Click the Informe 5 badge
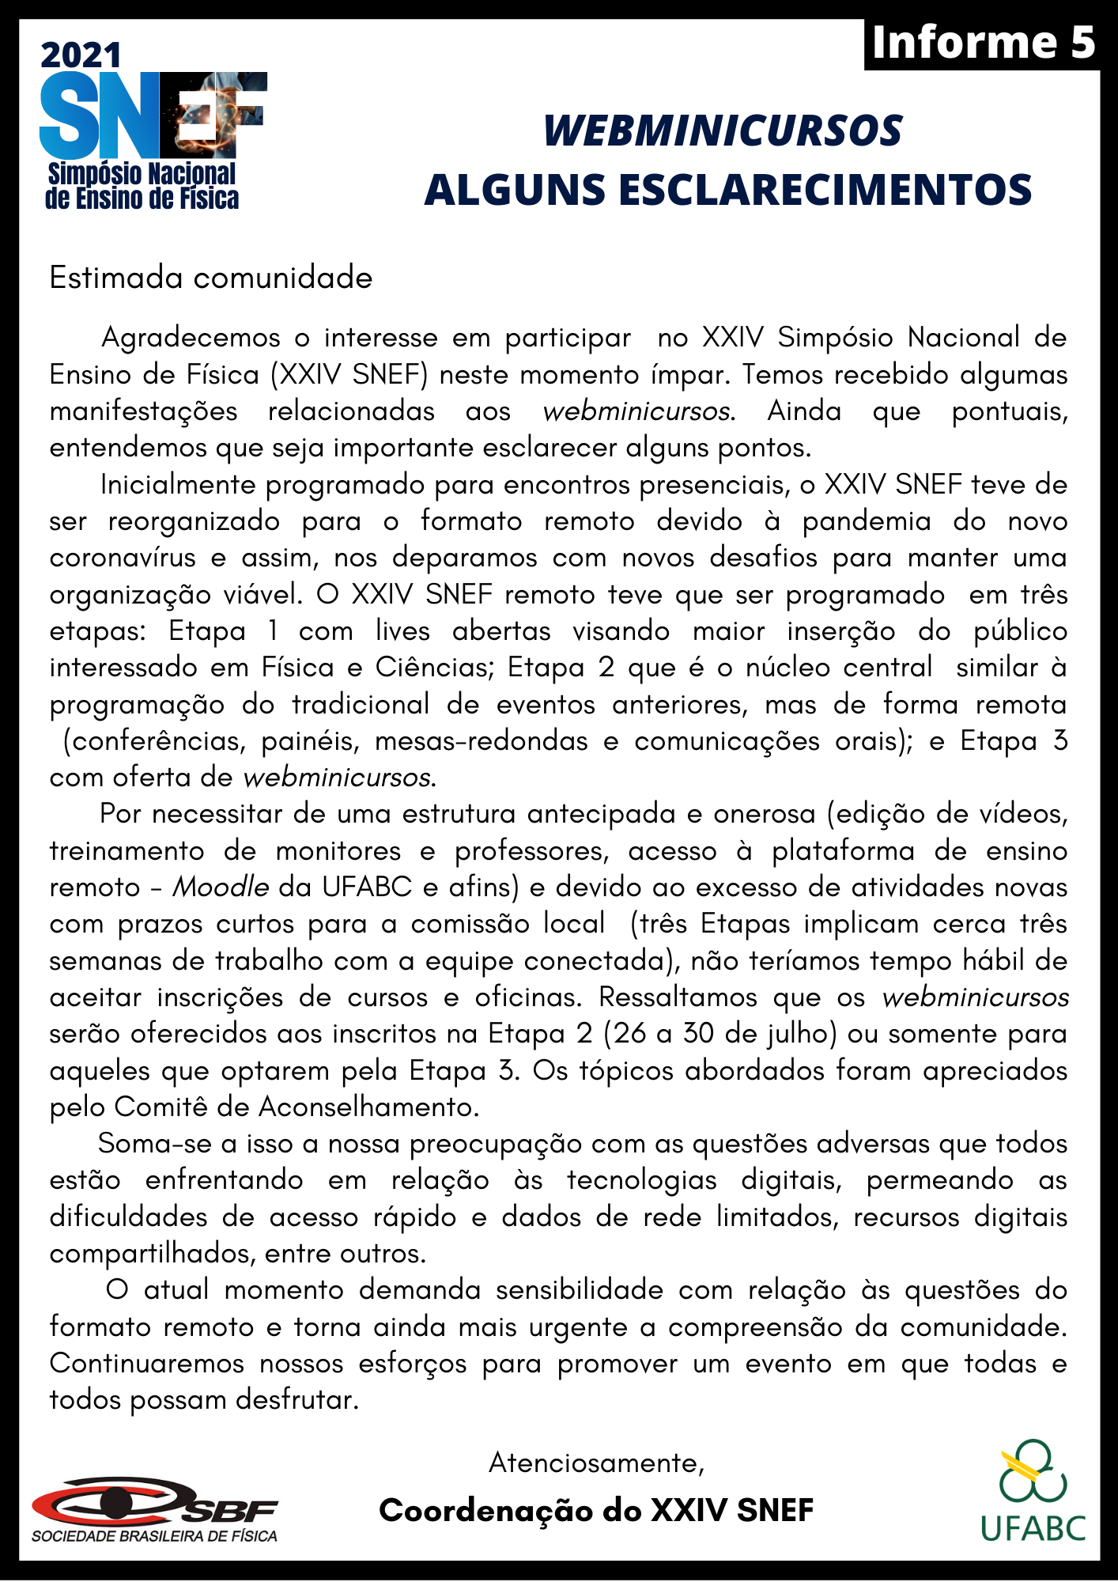click(x=983, y=43)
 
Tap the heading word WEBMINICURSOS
click(x=723, y=131)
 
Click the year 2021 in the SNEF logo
click(x=81, y=55)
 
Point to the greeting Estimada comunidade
click(x=210, y=278)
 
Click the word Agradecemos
click(x=191, y=338)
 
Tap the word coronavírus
click(x=123, y=558)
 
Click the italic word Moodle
click(x=221, y=888)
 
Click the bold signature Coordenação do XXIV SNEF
click(x=596, y=1511)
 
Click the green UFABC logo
click(x=1033, y=1491)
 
